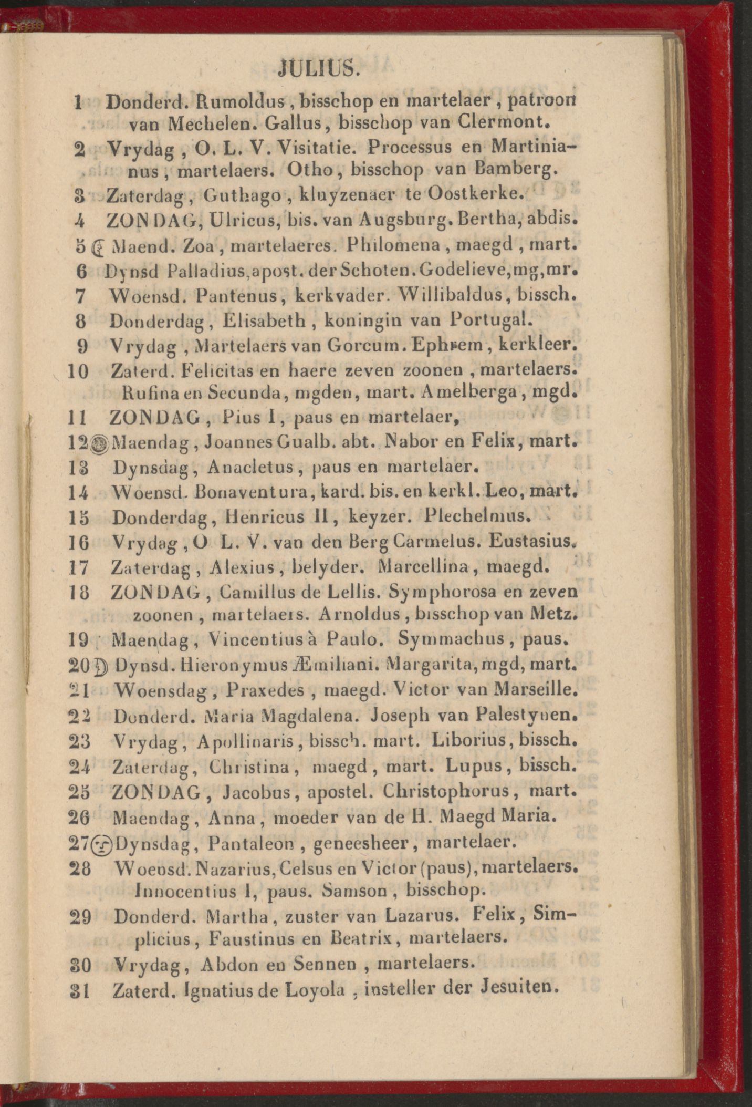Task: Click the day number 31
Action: pos(80,991)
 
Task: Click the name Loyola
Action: pos(315,990)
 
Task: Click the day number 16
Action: pos(79,543)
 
